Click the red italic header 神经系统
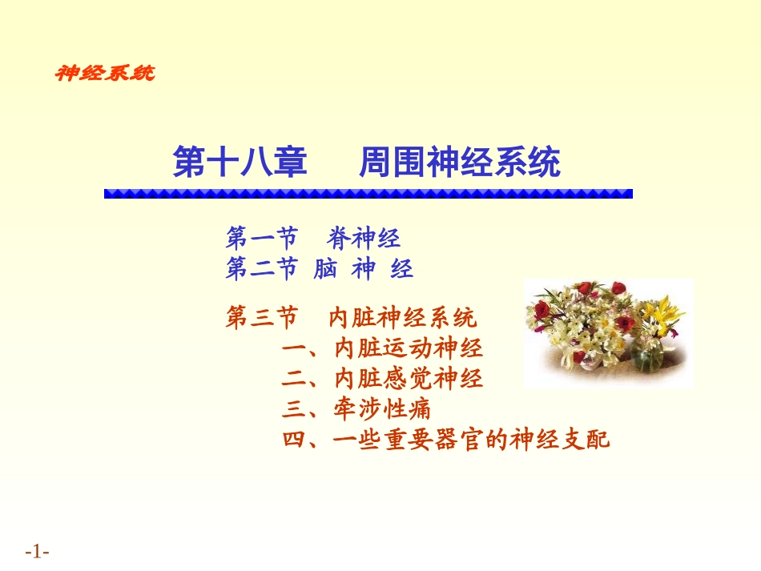point(104,73)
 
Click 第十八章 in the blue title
point(240,163)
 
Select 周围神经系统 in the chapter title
point(459,163)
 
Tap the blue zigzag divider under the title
point(368,193)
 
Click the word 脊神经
point(364,238)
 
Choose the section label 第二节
point(261,269)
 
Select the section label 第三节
point(261,318)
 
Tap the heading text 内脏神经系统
point(402,318)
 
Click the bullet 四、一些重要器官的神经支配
point(446,440)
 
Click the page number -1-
point(38,552)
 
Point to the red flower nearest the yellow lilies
point(626,324)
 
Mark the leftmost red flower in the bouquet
point(542,310)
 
